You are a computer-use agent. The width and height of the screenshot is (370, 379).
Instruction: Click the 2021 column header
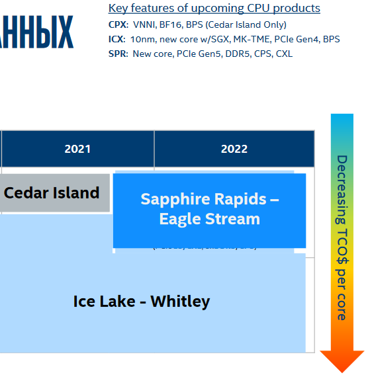pos(77,149)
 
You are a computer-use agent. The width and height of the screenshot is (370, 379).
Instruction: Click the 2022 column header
pos(234,149)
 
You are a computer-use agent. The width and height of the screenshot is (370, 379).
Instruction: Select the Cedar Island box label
pos(52,193)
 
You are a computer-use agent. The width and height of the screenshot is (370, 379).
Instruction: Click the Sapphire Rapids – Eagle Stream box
pos(209,209)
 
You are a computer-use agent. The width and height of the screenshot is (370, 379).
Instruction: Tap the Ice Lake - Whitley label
pos(141,302)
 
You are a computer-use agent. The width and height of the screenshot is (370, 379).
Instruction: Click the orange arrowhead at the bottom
pos(342,361)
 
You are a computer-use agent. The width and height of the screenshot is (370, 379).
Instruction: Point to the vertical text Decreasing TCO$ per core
pos(342,237)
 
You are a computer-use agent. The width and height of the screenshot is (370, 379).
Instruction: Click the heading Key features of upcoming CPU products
pos(214,9)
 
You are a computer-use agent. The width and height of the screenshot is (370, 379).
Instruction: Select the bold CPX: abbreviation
pos(118,25)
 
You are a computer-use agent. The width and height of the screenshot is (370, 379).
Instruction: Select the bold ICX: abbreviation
pos(116,40)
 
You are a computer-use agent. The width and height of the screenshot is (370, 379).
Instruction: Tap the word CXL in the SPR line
pos(283,54)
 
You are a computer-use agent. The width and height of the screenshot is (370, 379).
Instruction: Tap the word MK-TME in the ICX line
pos(252,40)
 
